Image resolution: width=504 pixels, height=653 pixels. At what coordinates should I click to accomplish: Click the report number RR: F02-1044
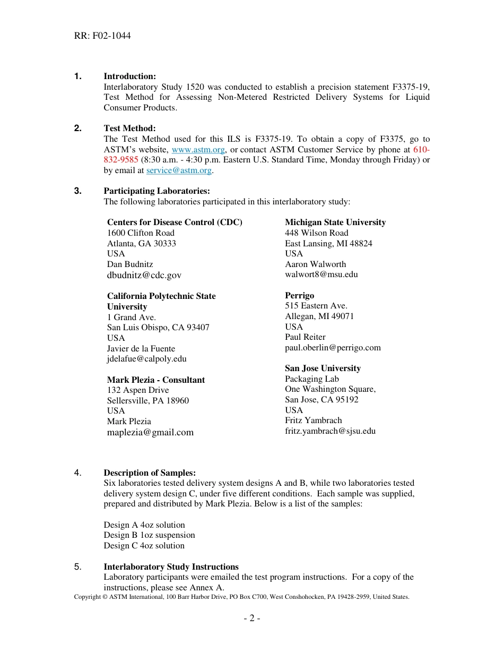[x=102, y=36]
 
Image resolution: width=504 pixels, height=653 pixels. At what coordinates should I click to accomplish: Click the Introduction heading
[x=129, y=76]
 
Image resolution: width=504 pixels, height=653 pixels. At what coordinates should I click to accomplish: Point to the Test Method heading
[x=129, y=128]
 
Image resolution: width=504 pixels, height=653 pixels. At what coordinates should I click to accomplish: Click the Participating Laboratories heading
[x=157, y=191]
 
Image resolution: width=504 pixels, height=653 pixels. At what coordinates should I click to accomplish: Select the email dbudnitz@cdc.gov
[x=144, y=275]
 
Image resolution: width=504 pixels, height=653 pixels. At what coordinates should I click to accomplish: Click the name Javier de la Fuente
[x=141, y=349]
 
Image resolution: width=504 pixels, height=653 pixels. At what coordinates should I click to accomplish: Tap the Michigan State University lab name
[x=335, y=222]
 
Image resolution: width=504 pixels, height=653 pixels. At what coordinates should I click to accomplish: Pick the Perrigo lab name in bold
[x=299, y=296]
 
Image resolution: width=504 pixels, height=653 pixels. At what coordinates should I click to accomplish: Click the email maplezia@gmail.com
[x=150, y=432]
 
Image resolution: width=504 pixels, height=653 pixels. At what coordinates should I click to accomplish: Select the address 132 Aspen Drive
[x=138, y=390]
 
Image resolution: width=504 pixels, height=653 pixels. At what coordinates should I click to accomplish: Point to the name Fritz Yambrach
[x=313, y=420]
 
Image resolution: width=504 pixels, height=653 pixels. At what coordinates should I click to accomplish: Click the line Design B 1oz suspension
[x=149, y=535]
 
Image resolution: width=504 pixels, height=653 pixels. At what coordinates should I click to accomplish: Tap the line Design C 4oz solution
[x=144, y=546]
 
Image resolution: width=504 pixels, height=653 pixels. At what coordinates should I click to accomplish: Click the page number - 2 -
[x=251, y=618]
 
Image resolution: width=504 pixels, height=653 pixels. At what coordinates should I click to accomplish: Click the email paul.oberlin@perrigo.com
[x=333, y=348]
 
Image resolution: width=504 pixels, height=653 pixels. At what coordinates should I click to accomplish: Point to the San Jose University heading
[x=323, y=368]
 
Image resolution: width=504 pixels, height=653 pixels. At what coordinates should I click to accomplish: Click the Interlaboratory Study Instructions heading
[x=171, y=567]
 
